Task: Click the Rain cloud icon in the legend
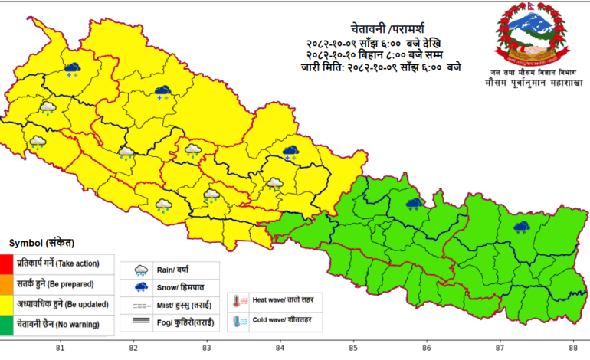[141, 270]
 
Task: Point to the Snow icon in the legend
[141, 287]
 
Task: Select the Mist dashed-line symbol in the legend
[141, 306]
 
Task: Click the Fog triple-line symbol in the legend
[141, 323]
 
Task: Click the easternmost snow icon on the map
[522, 227]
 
